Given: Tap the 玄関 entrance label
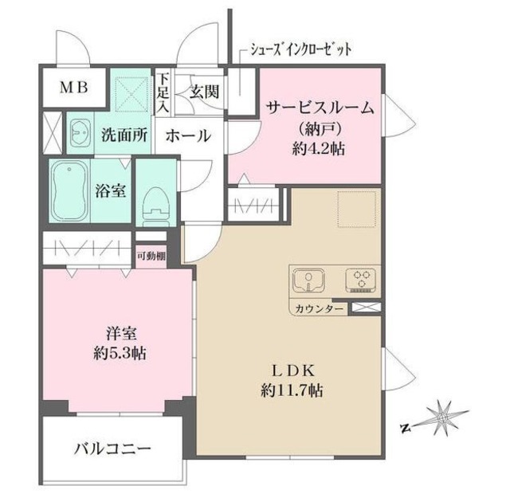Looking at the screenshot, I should coord(202,91).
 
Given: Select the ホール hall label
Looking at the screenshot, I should coord(188,135).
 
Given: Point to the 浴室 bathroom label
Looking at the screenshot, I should coord(111,191).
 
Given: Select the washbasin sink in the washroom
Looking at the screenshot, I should coord(80,133).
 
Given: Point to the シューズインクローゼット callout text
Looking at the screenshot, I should coord(300,50).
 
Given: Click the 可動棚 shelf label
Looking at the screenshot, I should coord(151,256).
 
